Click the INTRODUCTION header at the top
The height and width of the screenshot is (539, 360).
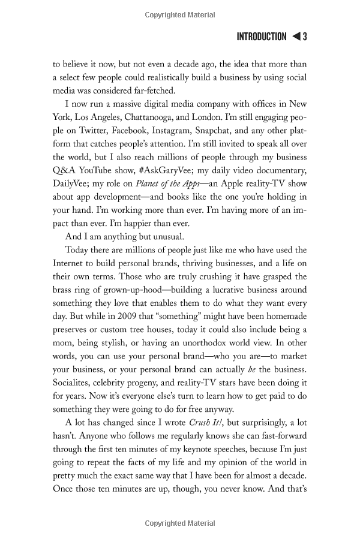(x=262, y=37)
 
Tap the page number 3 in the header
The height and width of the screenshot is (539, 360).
(x=305, y=37)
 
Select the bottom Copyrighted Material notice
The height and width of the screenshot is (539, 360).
(x=180, y=523)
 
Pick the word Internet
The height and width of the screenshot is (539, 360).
(x=70, y=264)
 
